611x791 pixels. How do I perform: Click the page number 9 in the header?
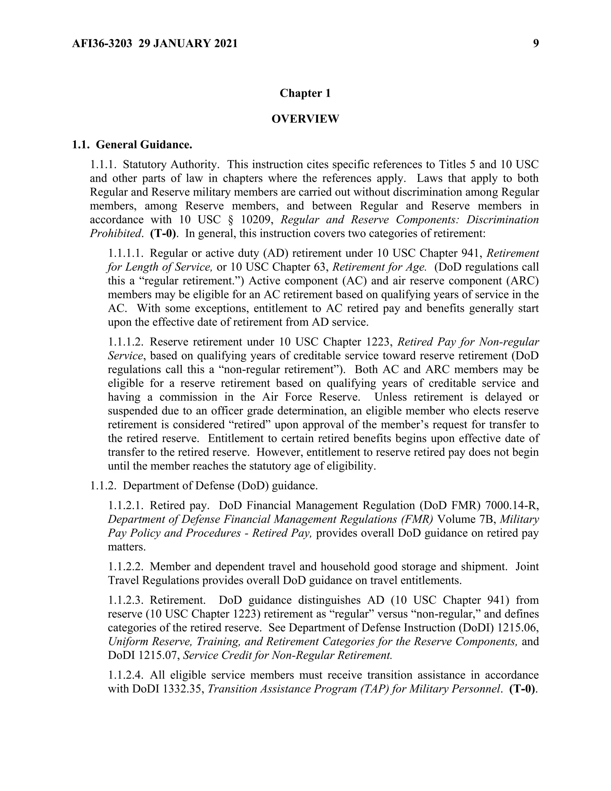[x=536, y=44]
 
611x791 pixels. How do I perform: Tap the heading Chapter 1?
[x=305, y=93]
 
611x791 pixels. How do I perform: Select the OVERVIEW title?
[x=305, y=119]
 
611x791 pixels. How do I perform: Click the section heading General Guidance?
[x=144, y=145]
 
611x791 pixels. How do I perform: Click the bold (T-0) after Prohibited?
[x=163, y=234]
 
